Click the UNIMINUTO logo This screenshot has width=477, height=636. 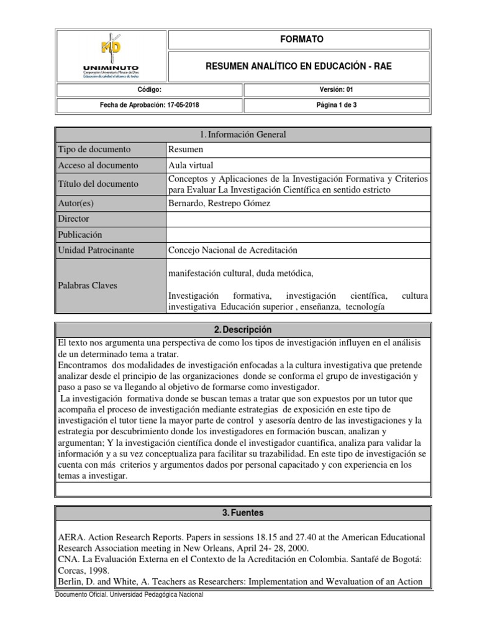pyautogui.click(x=111, y=57)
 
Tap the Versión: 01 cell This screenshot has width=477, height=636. pyautogui.click(x=335, y=90)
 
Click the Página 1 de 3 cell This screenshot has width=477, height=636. pyautogui.click(x=335, y=105)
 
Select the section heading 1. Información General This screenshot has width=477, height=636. pyautogui.click(x=242, y=135)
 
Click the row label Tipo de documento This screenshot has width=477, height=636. pyautogui.click(x=94, y=150)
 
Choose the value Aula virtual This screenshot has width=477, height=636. pyautogui.click(x=190, y=165)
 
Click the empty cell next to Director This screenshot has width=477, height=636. pyautogui.click(x=297, y=219)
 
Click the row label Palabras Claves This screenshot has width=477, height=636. pyautogui.click(x=88, y=285)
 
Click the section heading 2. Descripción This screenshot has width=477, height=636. pyautogui.click(x=242, y=330)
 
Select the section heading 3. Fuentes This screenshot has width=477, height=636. pyautogui.click(x=242, y=513)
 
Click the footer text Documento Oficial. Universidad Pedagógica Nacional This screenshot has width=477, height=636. pyautogui.click(x=129, y=594)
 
